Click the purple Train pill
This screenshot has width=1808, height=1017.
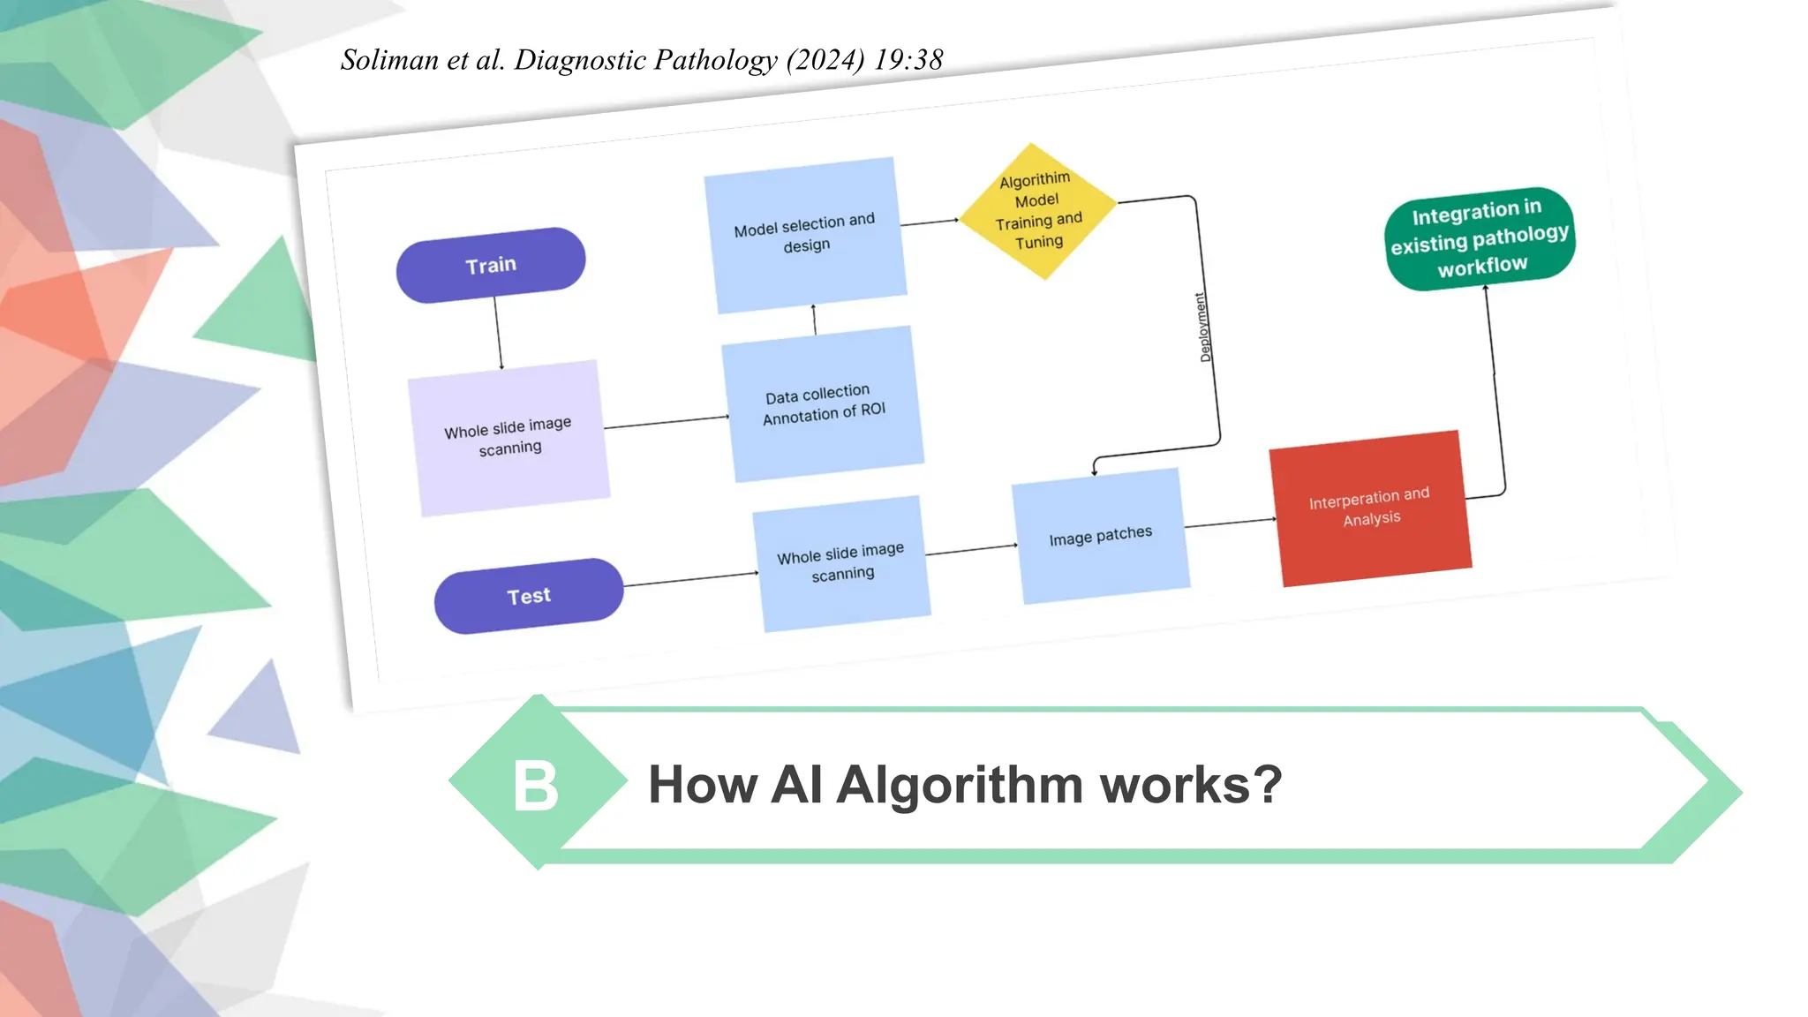click(x=491, y=265)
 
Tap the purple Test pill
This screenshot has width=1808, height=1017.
click(x=529, y=596)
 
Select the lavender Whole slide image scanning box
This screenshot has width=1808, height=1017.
click(x=508, y=438)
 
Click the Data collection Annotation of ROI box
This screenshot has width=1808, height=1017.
click(x=823, y=404)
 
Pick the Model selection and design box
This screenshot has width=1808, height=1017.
click(x=805, y=235)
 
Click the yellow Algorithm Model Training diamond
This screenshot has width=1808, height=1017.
click(x=1037, y=211)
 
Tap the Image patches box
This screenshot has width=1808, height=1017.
click(x=1100, y=536)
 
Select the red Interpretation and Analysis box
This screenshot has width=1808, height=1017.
click(x=1370, y=508)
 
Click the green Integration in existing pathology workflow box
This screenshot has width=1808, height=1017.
click(x=1480, y=238)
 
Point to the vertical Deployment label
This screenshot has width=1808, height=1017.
click(x=1204, y=328)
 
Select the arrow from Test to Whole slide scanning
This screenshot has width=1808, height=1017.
click(x=690, y=579)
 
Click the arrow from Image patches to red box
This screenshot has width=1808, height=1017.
click(x=1230, y=523)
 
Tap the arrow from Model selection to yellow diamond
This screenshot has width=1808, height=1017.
click(x=930, y=222)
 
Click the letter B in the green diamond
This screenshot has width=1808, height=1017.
click(x=536, y=785)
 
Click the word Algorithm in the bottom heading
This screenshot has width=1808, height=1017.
click(x=960, y=784)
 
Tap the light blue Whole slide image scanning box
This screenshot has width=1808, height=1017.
click(x=841, y=562)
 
